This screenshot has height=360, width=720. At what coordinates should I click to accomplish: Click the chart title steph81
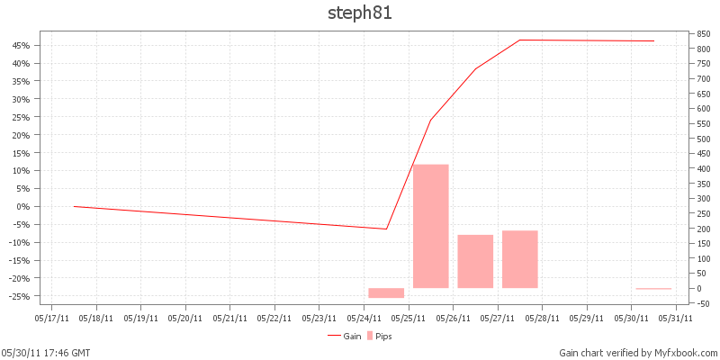click(360, 13)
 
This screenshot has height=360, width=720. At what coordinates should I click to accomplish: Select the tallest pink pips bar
click(430, 226)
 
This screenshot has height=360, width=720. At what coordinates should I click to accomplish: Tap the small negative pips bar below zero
click(386, 292)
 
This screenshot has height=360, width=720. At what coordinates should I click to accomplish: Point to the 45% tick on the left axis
click(21, 45)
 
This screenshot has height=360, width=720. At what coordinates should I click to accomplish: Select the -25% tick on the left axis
click(20, 296)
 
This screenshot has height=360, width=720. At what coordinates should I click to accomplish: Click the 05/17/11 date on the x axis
click(51, 317)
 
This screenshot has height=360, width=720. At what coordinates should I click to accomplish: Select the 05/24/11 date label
click(364, 317)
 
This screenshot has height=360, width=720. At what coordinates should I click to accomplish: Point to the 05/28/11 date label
click(542, 317)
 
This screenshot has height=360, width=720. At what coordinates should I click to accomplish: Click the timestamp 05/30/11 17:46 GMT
click(45, 353)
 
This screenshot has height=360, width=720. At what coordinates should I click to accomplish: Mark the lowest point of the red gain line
click(386, 229)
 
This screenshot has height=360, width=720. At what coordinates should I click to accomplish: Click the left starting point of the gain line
click(74, 206)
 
